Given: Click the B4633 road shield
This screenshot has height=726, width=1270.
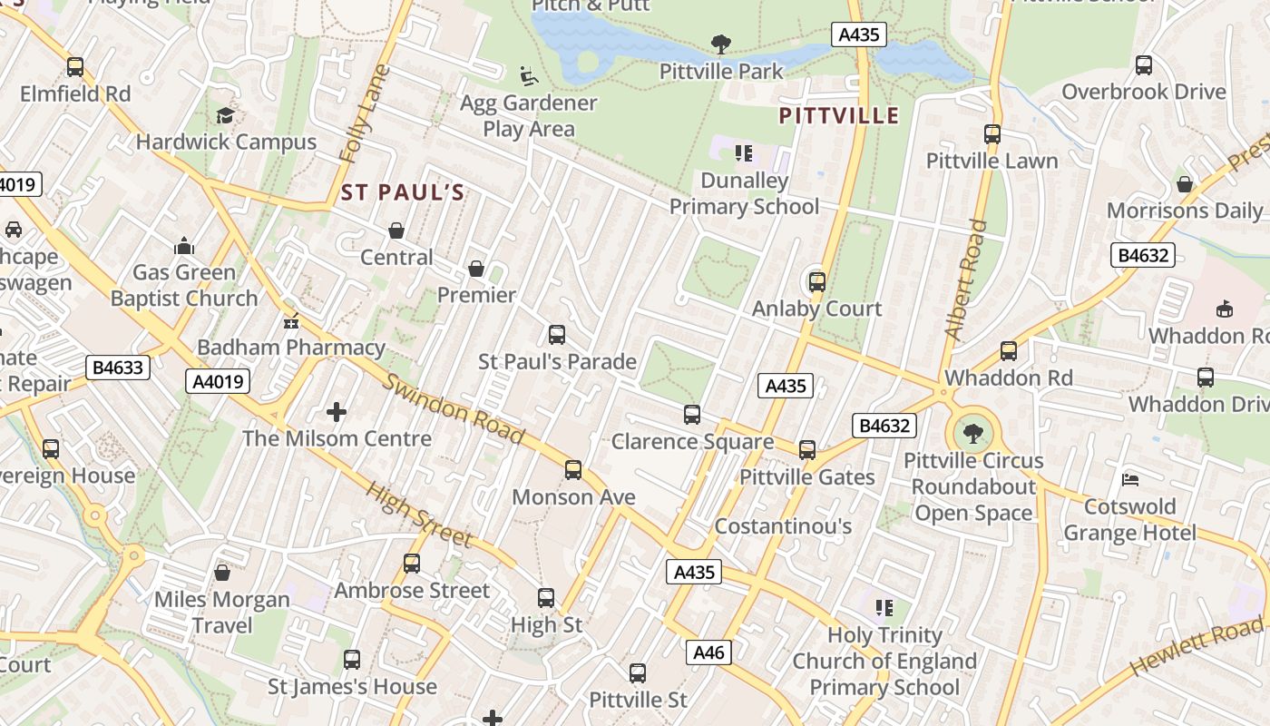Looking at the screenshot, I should pyautogui.click(x=118, y=368).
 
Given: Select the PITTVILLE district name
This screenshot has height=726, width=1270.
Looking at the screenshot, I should pyautogui.click(x=839, y=115).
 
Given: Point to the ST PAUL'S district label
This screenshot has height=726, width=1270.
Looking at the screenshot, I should pyautogui.click(x=403, y=192).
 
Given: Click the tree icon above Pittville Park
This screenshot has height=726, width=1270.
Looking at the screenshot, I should pyautogui.click(x=721, y=43).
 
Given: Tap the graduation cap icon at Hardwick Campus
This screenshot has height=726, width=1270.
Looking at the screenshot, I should pyautogui.click(x=225, y=115).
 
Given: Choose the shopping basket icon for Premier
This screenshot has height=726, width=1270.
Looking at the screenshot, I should pyautogui.click(x=476, y=269).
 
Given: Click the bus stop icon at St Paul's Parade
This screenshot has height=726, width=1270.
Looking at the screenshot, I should pyautogui.click(x=557, y=335).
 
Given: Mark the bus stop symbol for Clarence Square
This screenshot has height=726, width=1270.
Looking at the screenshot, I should pyautogui.click(x=692, y=415).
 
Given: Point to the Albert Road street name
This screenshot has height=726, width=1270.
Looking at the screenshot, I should pyautogui.click(x=965, y=280).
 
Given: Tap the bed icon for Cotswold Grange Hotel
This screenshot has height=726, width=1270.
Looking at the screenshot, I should pyautogui.click(x=1129, y=479).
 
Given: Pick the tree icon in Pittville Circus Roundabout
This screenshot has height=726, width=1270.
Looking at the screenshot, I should pyautogui.click(x=973, y=433).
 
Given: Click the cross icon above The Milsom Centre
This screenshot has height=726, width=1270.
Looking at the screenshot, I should pyautogui.click(x=337, y=412).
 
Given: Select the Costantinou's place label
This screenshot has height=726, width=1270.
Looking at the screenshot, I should pyautogui.click(x=783, y=526).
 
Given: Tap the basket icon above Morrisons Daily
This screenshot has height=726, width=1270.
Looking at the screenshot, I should pyautogui.click(x=1184, y=184).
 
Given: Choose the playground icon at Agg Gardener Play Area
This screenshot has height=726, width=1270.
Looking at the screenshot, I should pyautogui.click(x=528, y=76).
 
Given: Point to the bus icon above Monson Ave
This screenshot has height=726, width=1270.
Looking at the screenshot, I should pyautogui.click(x=573, y=470).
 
